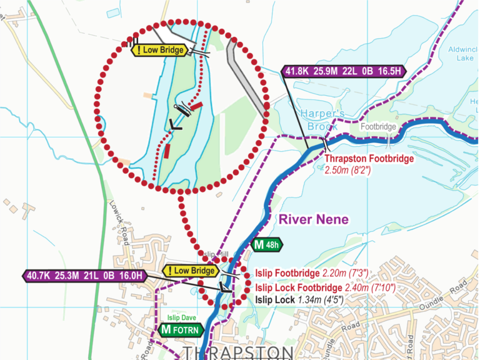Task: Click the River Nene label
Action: pyautogui.click(x=313, y=219)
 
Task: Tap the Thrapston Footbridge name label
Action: pyautogui.click(x=369, y=159)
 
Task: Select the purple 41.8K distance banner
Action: pyautogui.click(x=344, y=71)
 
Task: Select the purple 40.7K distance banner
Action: pyautogui.click(x=86, y=275)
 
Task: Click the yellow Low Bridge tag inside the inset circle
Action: pyautogui.click(x=160, y=50)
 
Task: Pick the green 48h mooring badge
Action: pyautogui.click(x=267, y=244)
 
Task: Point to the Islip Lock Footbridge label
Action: pyautogui.click(x=299, y=287)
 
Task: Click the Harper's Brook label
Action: pyautogui.click(x=322, y=118)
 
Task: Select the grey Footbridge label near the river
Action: pyautogui.click(x=378, y=127)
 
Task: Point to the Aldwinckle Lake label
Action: pyautogui.click(x=462, y=53)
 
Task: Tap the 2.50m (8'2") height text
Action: pyautogui.click(x=348, y=170)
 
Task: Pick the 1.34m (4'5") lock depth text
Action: pyautogui.click(x=325, y=300)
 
